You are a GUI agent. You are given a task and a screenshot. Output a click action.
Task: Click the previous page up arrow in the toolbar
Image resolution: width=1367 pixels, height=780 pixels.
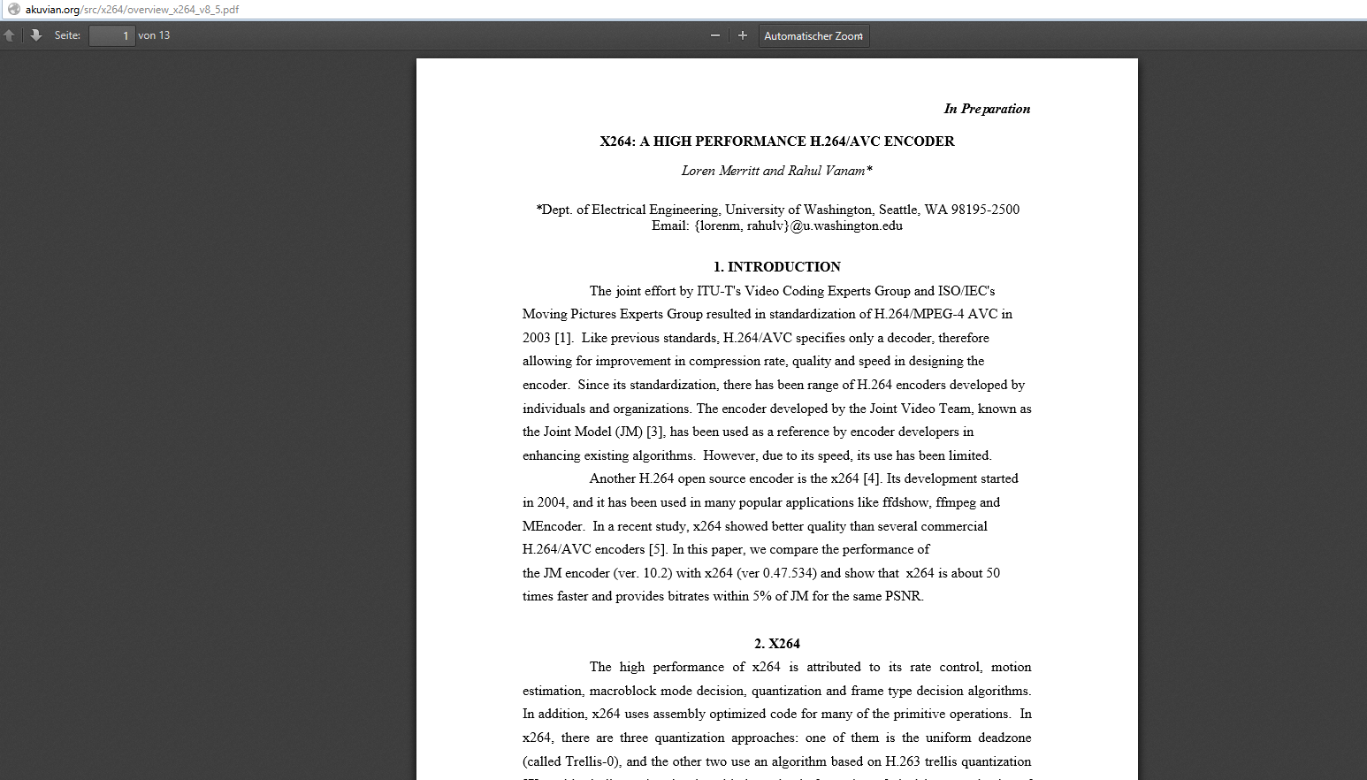(10, 35)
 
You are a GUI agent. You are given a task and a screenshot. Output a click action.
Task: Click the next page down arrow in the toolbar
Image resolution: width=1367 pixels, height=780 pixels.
(36, 35)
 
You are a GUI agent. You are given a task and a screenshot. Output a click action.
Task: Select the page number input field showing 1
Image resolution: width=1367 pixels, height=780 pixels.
(111, 35)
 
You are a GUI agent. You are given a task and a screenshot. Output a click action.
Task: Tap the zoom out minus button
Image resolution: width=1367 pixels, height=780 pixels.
(714, 35)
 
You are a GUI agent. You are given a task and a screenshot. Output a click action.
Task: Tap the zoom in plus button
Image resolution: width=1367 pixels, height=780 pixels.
(743, 35)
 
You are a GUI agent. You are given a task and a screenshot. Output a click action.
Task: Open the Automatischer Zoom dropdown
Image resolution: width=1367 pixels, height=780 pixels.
(813, 35)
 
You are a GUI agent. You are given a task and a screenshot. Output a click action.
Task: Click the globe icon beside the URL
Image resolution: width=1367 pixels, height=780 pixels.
(13, 9)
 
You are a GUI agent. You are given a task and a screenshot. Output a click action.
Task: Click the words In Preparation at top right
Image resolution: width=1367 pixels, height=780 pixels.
(987, 109)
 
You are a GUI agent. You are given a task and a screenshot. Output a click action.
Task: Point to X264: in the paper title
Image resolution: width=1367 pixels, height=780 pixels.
(617, 141)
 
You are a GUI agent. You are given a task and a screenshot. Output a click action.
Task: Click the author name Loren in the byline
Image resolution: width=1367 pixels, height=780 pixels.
(699, 171)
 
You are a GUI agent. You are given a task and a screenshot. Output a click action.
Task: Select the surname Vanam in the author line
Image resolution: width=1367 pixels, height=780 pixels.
(844, 171)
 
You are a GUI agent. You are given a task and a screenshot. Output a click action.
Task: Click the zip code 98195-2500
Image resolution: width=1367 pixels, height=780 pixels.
(985, 210)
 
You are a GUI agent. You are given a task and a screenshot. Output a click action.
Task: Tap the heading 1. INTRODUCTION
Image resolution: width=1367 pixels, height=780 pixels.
(777, 267)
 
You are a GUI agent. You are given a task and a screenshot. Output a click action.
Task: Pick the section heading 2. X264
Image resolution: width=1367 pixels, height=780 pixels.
(777, 644)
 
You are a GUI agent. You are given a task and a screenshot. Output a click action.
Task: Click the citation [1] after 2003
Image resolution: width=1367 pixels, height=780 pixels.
(562, 338)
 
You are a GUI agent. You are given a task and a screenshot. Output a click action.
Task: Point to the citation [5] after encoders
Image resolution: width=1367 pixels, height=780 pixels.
(657, 549)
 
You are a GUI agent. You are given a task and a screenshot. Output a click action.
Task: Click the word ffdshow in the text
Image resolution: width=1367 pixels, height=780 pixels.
(905, 502)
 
